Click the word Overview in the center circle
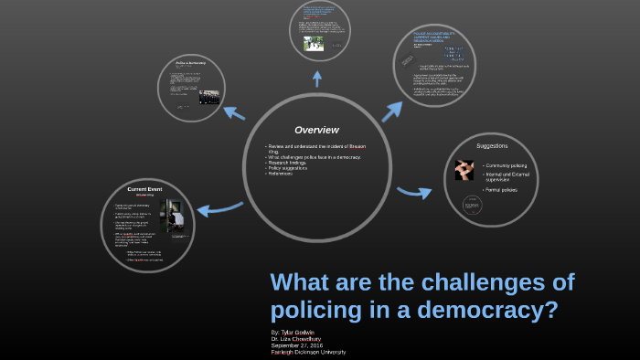pos(316,130)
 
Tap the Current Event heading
pos(144,188)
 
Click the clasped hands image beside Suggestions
pos(464,170)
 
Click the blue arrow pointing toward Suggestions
pos(413,192)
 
